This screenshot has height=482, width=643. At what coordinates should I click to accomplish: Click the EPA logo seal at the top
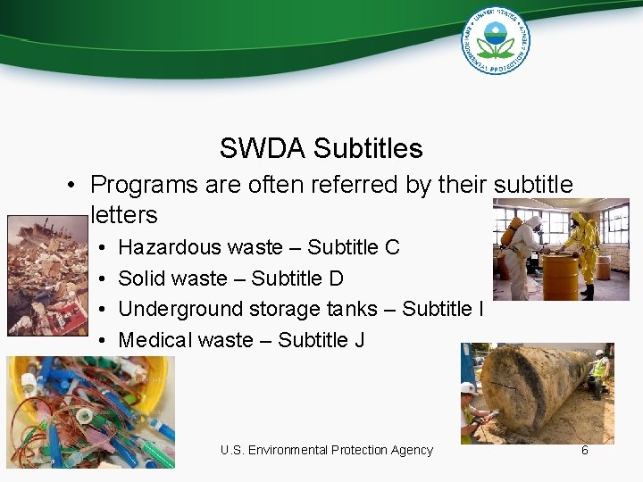pos(496,39)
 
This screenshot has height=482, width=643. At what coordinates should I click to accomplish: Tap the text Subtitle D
pos(297,278)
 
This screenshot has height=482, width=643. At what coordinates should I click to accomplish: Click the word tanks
pos(349,309)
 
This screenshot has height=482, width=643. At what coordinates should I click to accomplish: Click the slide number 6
pos(585,450)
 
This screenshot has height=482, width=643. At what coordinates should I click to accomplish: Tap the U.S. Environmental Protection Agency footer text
pos(327,450)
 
